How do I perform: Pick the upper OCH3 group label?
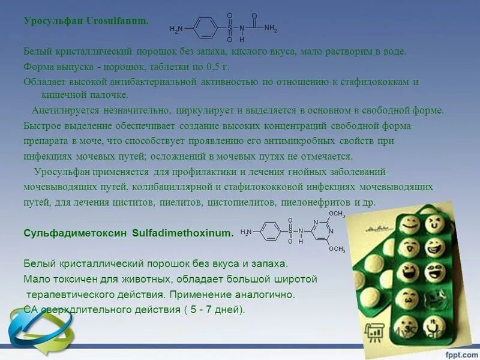coord(337,214)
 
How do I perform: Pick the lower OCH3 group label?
coord(337,249)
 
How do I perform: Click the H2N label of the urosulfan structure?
coord(176,29)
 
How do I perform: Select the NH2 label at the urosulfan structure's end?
coord(271,28)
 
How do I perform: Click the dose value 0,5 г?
coord(217,67)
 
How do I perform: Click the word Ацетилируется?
coord(67,110)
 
